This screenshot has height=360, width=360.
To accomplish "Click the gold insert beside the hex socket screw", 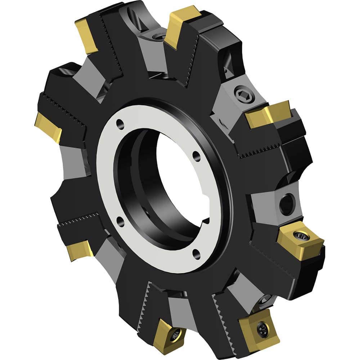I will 268,115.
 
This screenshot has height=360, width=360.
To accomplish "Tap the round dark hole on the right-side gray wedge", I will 287,204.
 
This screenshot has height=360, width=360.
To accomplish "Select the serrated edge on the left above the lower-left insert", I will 79,220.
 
